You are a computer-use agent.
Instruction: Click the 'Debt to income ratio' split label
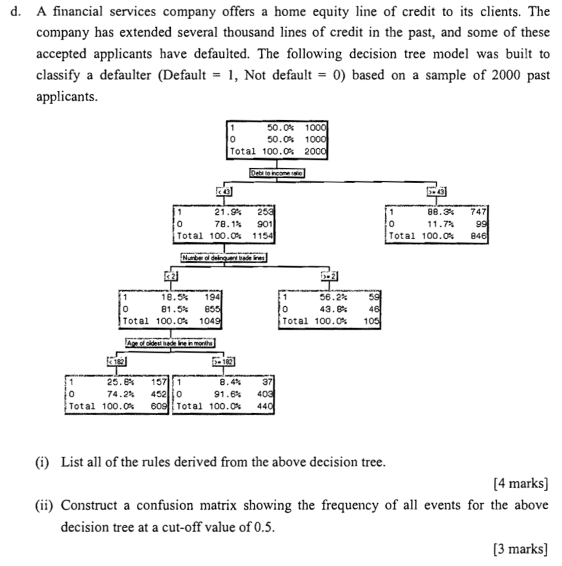coord(277,173)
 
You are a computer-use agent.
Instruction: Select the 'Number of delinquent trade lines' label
coord(225,258)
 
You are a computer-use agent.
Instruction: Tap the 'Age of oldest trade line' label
coord(170,343)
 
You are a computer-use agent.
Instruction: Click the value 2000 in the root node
coord(315,151)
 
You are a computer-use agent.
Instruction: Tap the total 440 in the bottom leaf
coord(264,406)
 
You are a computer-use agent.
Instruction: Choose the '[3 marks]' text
coord(520,549)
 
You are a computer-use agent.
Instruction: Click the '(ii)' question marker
coord(46,506)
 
